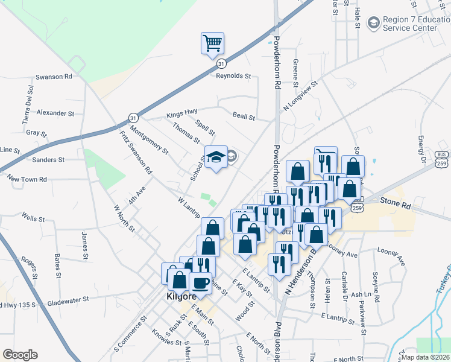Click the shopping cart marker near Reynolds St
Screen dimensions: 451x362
click(212, 44)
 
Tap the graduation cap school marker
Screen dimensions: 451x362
click(215, 158)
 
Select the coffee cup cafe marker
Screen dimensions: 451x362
click(200, 283)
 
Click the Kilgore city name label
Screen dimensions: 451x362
click(180, 298)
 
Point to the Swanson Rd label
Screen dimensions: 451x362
click(54, 77)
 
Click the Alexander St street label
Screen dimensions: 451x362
click(55, 113)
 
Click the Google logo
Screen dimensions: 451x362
click(20, 355)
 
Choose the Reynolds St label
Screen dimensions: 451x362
click(233, 75)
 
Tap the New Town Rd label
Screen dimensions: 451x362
click(27, 179)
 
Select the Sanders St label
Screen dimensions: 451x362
click(48, 160)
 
